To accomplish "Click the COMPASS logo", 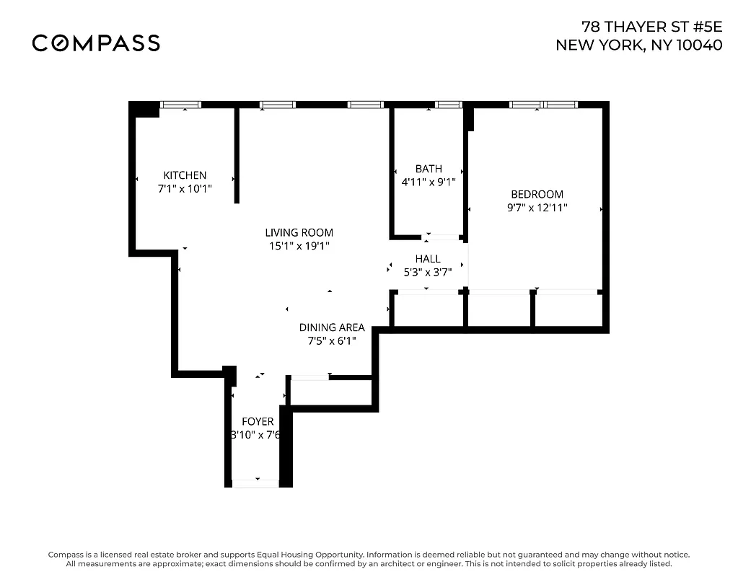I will click(96, 43).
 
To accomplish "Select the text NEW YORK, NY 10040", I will click(638, 45).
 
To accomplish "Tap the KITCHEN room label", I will click(185, 175).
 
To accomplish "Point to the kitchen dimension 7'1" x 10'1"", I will click(185, 188).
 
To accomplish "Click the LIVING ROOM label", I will click(299, 232).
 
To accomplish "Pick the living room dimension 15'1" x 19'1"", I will click(299, 246).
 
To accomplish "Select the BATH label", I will click(429, 169).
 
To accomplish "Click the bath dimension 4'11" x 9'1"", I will click(429, 182).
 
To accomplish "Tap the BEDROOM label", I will click(537, 194).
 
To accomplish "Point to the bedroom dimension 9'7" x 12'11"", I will click(537, 208).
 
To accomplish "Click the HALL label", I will click(427, 259).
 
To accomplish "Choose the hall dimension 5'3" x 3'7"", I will click(427, 273).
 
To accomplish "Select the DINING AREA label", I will click(332, 327).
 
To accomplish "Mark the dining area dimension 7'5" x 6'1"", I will click(332, 340).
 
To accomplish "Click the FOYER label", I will click(258, 421).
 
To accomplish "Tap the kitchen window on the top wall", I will click(181, 105).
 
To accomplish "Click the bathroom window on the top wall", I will click(449, 105).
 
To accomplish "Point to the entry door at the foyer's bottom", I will click(255, 483).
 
